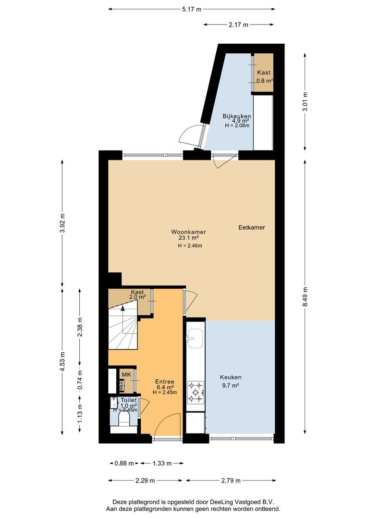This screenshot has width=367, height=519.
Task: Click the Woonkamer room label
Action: tap(188, 232)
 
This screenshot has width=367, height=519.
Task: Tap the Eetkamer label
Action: tap(252, 227)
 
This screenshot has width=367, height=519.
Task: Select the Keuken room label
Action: tap(231, 377)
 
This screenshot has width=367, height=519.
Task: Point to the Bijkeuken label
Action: tap(237, 116)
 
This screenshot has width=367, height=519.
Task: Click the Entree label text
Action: tap(165, 382)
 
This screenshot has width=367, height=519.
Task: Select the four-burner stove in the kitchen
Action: tap(196, 393)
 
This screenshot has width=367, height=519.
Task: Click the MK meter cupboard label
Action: tap(126, 374)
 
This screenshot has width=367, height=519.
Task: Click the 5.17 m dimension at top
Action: tap(192, 9)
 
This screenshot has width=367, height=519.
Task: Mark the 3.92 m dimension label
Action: tap(62, 223)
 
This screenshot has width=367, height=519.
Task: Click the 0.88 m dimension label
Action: tap(124, 463)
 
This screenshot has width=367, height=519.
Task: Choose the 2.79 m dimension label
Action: tap(231, 481)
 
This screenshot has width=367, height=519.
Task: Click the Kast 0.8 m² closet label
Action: tap(264, 76)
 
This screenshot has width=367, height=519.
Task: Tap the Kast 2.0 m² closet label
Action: tap(137, 295)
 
